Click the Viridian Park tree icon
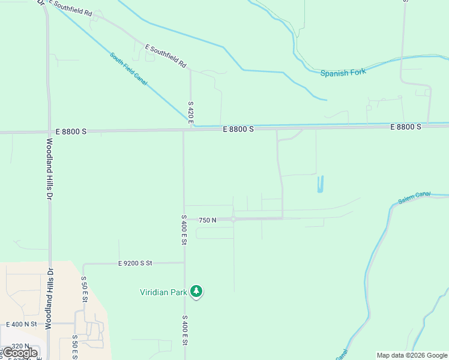click(196, 292)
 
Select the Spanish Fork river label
click(343, 73)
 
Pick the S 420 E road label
click(190, 113)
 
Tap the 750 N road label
click(207, 220)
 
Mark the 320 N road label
click(20, 346)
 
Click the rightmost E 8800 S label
click(406, 127)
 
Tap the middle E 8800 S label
click(238, 129)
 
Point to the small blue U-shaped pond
click(321, 184)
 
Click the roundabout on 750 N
click(233, 220)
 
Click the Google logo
click(20, 353)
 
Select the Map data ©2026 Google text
click(412, 355)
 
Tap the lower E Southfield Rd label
click(166, 56)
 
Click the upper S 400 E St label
click(184, 230)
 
